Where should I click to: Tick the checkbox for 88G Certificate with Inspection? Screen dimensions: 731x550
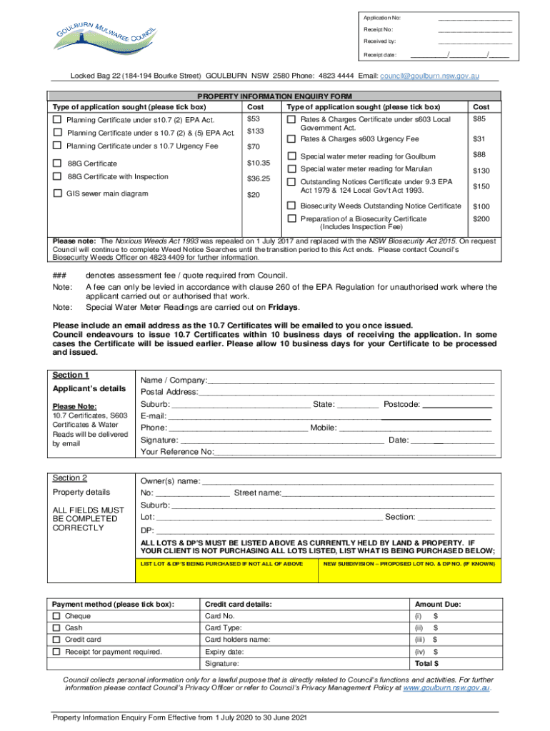[57, 177]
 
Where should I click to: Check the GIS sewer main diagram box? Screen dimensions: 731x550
[57, 193]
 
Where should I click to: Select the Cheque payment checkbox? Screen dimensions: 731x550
[56, 616]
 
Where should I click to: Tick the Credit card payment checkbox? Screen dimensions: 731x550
[56, 640]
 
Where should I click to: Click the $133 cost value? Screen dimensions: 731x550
[254, 131]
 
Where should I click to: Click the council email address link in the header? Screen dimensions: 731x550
[429, 75]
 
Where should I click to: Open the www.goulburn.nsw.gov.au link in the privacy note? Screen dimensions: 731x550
[446, 690]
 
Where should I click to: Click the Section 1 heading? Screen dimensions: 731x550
[71, 375]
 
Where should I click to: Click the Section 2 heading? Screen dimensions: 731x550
[71, 478]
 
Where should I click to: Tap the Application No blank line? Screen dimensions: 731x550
[474, 19]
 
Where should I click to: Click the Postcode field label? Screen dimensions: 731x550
[401, 405]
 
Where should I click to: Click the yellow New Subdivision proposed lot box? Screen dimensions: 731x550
[410, 570]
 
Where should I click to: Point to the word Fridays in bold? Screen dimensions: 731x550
[282, 308]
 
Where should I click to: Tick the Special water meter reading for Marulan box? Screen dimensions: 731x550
[291, 169]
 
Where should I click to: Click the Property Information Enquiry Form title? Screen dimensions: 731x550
[275, 96]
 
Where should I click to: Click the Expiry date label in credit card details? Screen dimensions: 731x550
[224, 652]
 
